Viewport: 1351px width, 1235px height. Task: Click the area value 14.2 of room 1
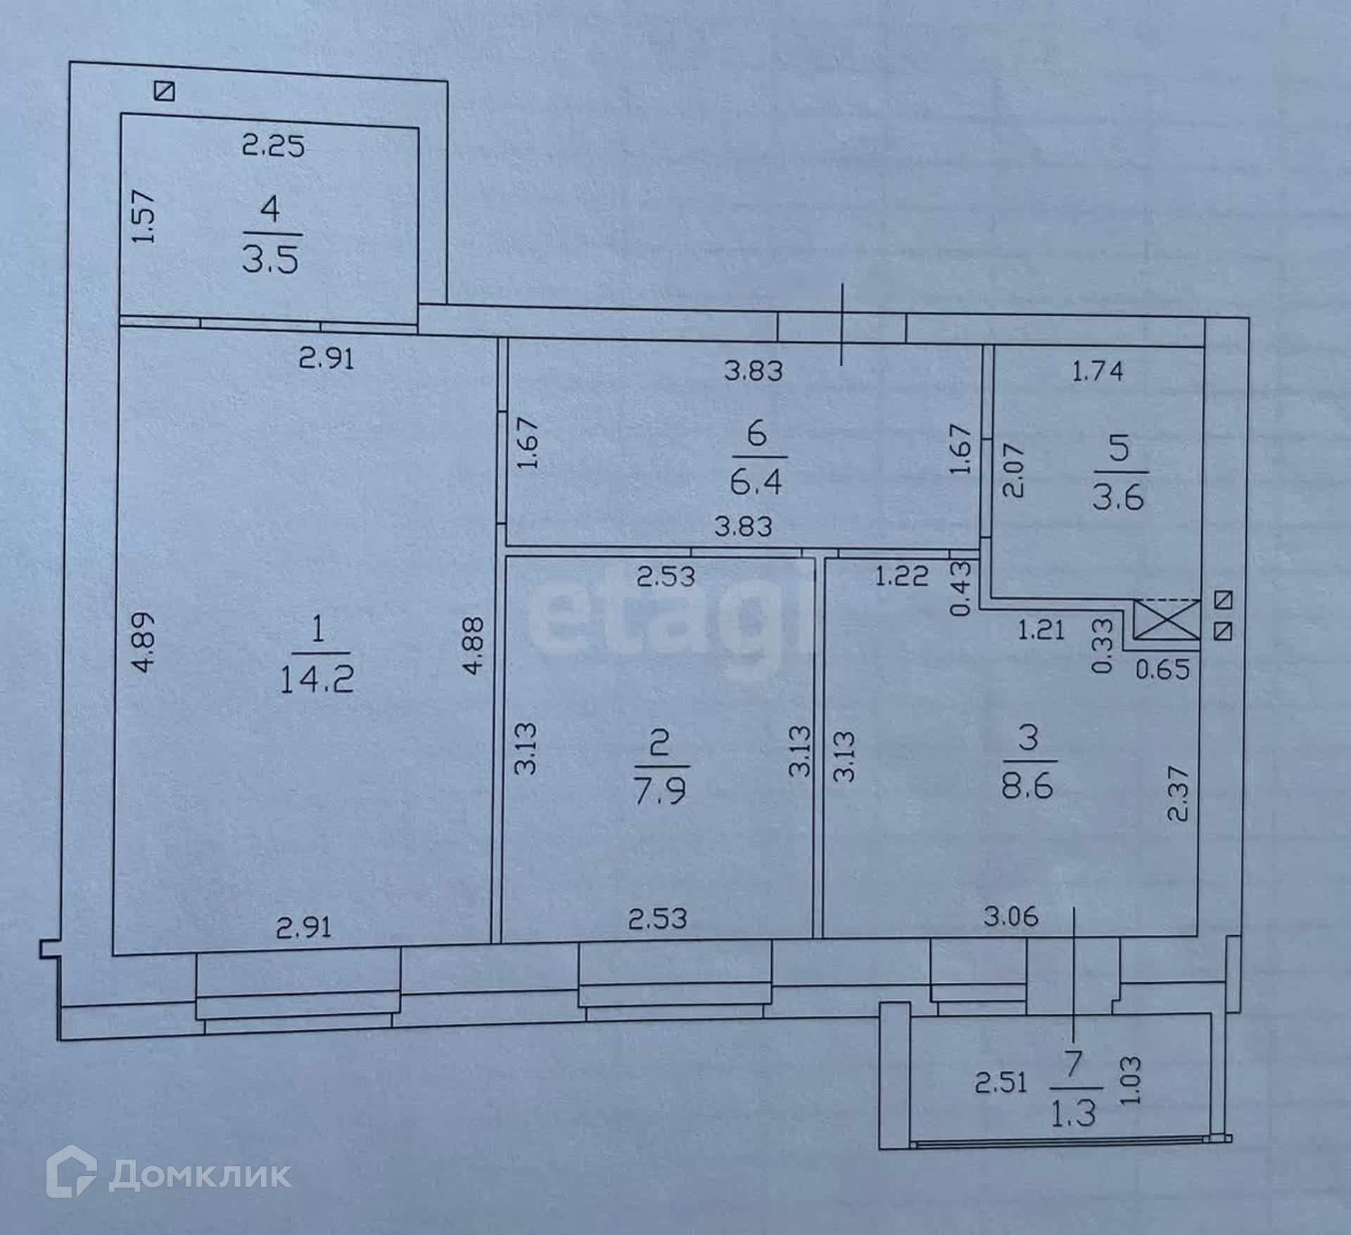[317, 680]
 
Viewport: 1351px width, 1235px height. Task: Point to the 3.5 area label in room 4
[271, 259]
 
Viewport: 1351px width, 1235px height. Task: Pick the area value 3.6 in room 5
[1118, 497]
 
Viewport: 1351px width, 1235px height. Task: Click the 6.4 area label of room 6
[756, 483]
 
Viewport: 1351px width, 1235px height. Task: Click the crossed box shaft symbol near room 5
[1166, 620]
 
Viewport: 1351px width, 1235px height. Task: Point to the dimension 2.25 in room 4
[273, 146]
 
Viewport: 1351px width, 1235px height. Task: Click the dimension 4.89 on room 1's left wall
[143, 652]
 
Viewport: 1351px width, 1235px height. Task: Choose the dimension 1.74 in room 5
[1098, 371]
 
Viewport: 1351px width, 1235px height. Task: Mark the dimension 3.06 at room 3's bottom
[1011, 917]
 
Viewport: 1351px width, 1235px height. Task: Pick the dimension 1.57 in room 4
[143, 218]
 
